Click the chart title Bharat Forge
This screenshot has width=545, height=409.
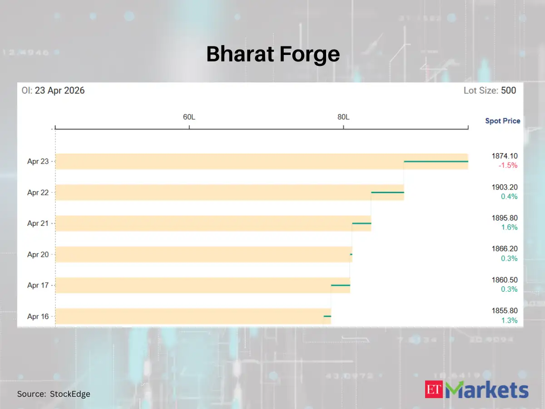point(273,54)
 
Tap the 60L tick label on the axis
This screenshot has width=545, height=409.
point(189,117)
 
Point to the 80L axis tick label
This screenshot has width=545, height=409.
point(343,117)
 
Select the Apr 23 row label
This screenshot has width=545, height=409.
point(38,161)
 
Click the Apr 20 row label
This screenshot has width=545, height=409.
point(38,254)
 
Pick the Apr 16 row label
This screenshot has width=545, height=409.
point(38,316)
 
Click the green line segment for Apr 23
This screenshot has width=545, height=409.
point(436,161)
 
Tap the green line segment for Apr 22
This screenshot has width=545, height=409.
point(387,192)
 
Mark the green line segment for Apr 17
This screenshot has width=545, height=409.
point(340,285)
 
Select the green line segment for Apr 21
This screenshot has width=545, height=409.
point(362,223)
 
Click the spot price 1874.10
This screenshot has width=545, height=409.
point(504,156)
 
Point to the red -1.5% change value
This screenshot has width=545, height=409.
point(508,165)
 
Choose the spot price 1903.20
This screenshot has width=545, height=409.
point(504,187)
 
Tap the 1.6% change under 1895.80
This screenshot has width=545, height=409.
point(509,227)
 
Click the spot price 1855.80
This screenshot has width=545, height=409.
point(504,311)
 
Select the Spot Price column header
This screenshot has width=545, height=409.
point(503,121)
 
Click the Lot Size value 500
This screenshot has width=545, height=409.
point(509,90)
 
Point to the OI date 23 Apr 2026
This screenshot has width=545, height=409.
point(59,90)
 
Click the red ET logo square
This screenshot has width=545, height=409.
point(435,389)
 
